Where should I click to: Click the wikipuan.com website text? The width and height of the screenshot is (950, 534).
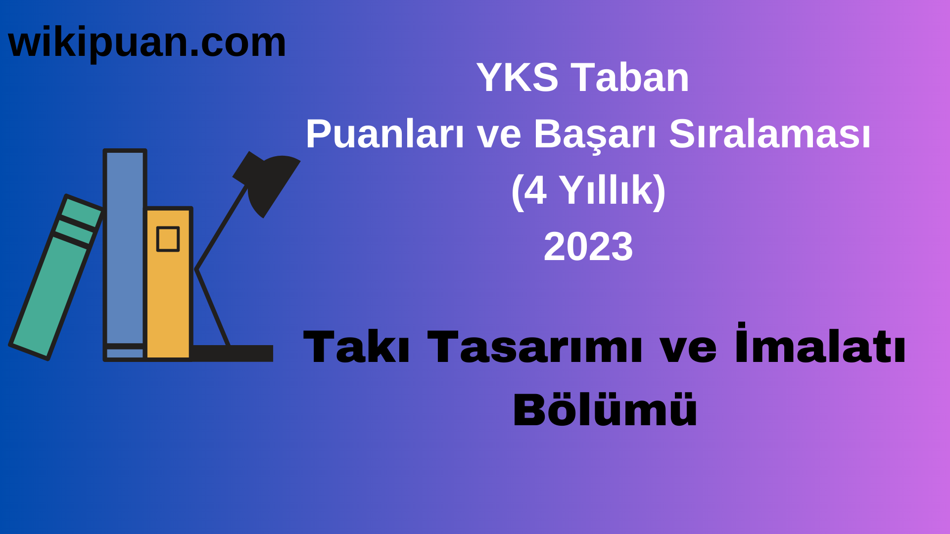pyautogui.click(x=147, y=43)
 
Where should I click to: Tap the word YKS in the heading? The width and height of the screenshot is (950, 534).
pyautogui.click(x=517, y=78)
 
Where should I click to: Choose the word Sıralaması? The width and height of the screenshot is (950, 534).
pyautogui.click(x=769, y=134)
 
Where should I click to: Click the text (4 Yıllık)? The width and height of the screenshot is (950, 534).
pyautogui.click(x=588, y=191)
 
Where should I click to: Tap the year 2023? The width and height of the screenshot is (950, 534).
pyautogui.click(x=588, y=247)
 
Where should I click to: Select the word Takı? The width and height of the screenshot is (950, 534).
pyautogui.click(x=356, y=347)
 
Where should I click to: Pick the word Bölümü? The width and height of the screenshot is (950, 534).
pyautogui.click(x=605, y=410)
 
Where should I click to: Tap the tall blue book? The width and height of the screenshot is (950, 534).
pyautogui.click(x=125, y=247)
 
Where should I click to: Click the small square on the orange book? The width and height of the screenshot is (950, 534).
pyautogui.click(x=168, y=239)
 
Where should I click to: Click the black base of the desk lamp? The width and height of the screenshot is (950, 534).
pyautogui.click(x=233, y=353)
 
